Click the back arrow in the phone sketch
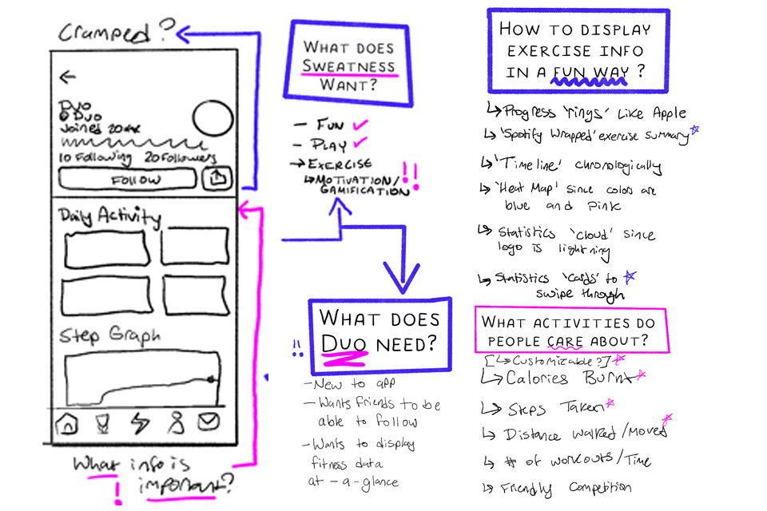(x=68, y=77)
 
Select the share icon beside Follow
(x=217, y=180)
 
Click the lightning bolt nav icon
(x=140, y=422)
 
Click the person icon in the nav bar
(x=175, y=422)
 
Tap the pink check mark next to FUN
(x=360, y=125)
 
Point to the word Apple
(x=666, y=113)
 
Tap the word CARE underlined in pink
(x=565, y=342)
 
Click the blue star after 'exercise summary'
(x=694, y=129)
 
